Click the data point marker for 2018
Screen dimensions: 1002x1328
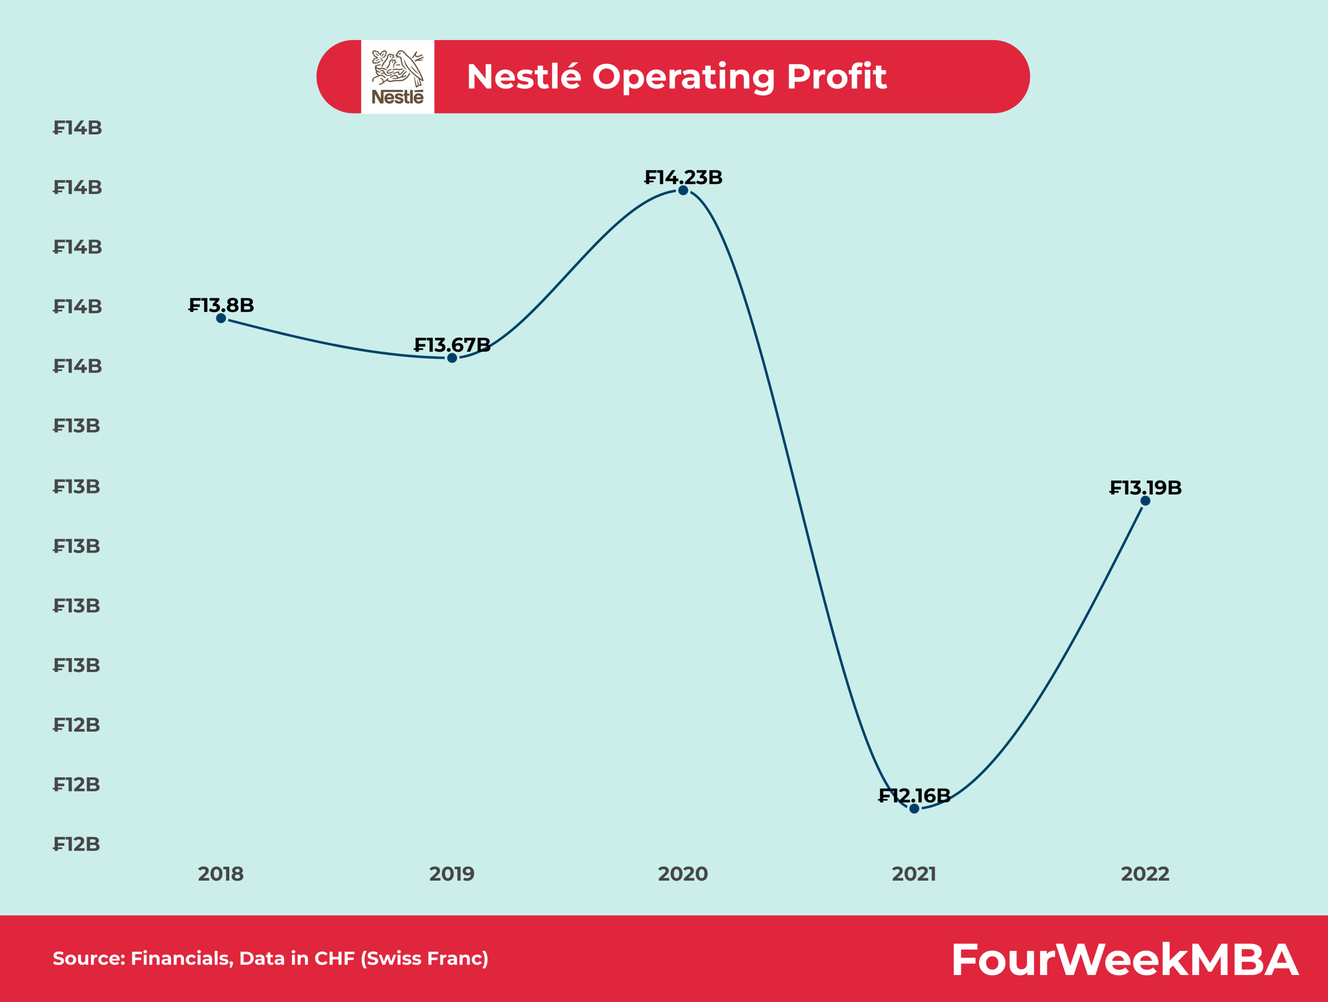tap(221, 318)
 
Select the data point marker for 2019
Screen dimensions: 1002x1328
tap(452, 358)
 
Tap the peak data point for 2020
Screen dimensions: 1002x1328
tap(683, 190)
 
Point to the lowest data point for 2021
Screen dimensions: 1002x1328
tap(915, 808)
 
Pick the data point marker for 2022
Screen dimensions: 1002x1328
tap(1145, 501)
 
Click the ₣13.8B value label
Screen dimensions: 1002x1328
tap(221, 305)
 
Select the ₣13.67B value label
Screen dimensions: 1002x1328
tap(452, 345)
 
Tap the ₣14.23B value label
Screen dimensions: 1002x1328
tap(683, 177)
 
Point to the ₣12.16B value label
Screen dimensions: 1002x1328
tap(915, 795)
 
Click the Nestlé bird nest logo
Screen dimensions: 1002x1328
tap(397, 76)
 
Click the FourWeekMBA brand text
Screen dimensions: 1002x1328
tap(1125, 959)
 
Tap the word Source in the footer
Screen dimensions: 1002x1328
tap(88, 958)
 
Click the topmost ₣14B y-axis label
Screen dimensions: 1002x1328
tap(77, 128)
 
